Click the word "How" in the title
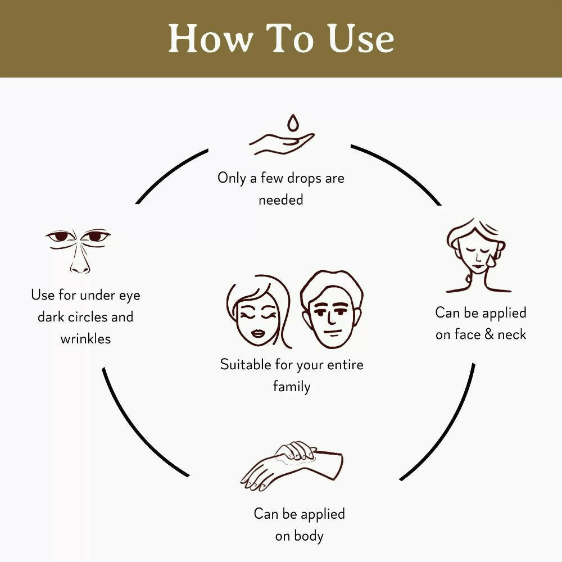210,39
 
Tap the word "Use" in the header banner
361,39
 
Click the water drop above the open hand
293,123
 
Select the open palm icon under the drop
282,144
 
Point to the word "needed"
280,200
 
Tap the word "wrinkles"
85,339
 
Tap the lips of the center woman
258,333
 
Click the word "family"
292,387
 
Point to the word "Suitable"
246,365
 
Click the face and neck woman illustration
477,255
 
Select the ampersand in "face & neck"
489,334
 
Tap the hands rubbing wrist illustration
292,466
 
